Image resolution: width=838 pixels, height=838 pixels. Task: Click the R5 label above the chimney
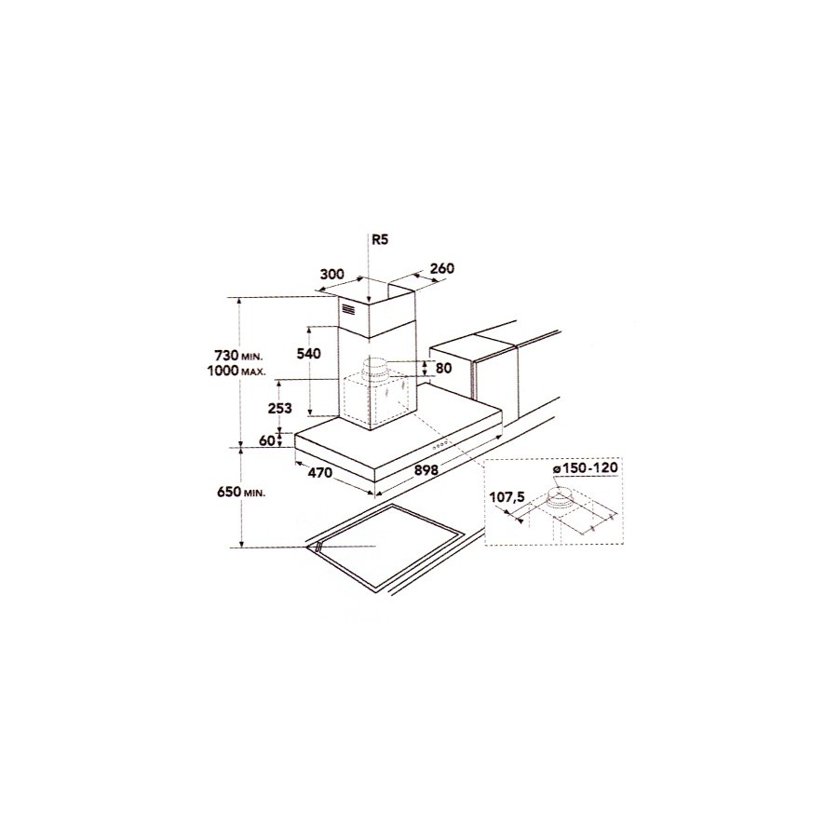pyautogui.click(x=380, y=240)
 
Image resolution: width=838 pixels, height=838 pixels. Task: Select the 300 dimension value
pyautogui.click(x=331, y=275)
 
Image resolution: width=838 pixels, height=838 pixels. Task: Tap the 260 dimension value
pyautogui.click(x=441, y=268)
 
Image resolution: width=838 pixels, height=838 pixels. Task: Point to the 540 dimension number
pyautogui.click(x=308, y=353)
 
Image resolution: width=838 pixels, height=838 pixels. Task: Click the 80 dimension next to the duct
pyautogui.click(x=443, y=368)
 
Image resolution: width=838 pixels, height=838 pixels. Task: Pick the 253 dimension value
pyautogui.click(x=280, y=409)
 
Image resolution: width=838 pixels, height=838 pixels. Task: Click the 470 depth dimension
pyautogui.click(x=320, y=472)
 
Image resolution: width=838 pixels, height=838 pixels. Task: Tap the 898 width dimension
pyautogui.click(x=426, y=470)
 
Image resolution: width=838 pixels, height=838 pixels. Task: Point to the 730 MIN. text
pyautogui.click(x=239, y=356)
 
